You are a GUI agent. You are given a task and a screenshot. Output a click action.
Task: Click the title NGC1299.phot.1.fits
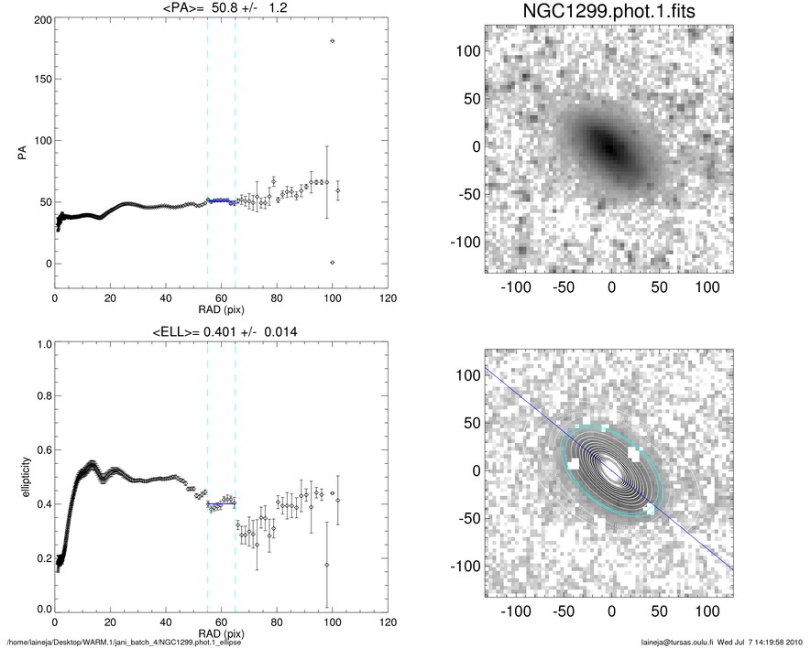click(597, 13)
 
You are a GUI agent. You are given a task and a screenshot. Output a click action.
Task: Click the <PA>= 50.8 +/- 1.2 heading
click(221, 9)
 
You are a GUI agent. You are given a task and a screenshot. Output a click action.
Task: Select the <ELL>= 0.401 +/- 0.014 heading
click(221, 330)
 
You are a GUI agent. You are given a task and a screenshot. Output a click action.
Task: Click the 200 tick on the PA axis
click(40, 19)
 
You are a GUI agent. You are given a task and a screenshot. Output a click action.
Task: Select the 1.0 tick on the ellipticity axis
click(42, 345)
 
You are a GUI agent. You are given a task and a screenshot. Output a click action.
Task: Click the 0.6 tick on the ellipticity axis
click(42, 451)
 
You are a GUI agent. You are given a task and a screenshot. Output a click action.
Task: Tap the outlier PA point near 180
click(332, 41)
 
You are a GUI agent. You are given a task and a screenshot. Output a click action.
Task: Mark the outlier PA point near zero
click(332, 263)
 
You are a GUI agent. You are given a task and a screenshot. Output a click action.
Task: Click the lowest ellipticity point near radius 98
click(327, 566)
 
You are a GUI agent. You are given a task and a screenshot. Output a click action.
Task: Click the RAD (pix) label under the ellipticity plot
click(221, 632)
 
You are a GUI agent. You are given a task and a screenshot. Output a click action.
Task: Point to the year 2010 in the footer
click(795, 642)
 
